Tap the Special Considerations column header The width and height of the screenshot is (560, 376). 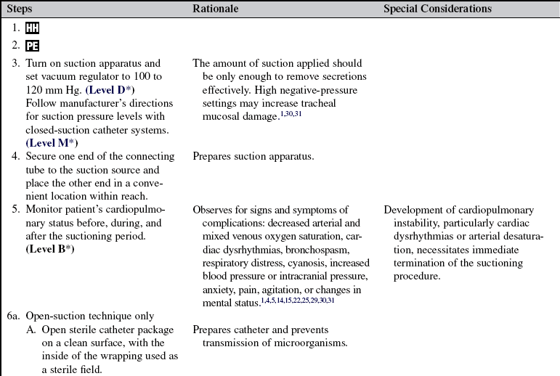(x=437, y=9)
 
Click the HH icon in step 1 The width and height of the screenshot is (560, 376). (x=32, y=28)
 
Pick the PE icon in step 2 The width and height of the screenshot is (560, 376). (x=32, y=46)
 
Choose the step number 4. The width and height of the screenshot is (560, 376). (x=15, y=156)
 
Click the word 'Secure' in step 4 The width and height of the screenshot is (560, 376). (x=41, y=156)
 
